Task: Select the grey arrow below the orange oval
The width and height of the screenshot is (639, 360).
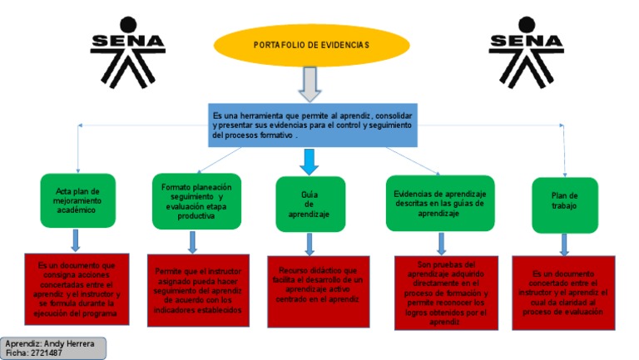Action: pos(310,83)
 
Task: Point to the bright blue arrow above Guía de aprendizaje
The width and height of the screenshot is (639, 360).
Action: pos(310,160)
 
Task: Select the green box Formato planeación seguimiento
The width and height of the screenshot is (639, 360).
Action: pos(196,200)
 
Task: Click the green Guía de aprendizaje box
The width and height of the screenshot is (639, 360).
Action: pos(310,204)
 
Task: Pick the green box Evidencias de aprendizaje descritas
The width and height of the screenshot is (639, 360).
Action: pos(439,203)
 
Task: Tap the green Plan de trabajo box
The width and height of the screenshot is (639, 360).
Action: pos(564,205)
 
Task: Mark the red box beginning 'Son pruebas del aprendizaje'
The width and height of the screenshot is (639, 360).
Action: pos(444,293)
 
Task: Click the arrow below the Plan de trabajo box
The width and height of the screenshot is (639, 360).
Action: pos(564,244)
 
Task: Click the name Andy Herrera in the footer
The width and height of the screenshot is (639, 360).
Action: pos(67,343)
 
